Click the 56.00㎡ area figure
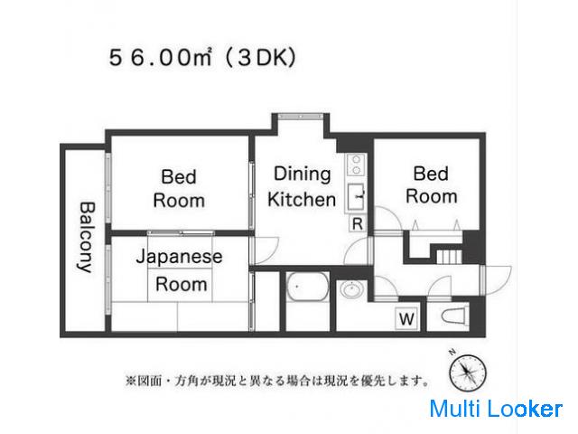click(160, 58)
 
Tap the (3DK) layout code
click(261, 58)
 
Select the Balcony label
click(87, 237)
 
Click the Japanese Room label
click(180, 270)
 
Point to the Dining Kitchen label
click(302, 187)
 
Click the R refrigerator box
click(358, 223)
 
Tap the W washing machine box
click(406, 318)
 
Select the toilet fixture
click(455, 316)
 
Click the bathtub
click(307, 287)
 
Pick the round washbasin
click(353, 288)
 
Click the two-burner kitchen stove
click(356, 165)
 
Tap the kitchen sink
click(356, 197)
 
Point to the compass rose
click(467, 373)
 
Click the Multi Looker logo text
click(496, 409)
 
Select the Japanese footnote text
click(277, 380)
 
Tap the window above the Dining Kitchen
click(301, 117)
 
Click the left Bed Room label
click(179, 189)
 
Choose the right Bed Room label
click(432, 184)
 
